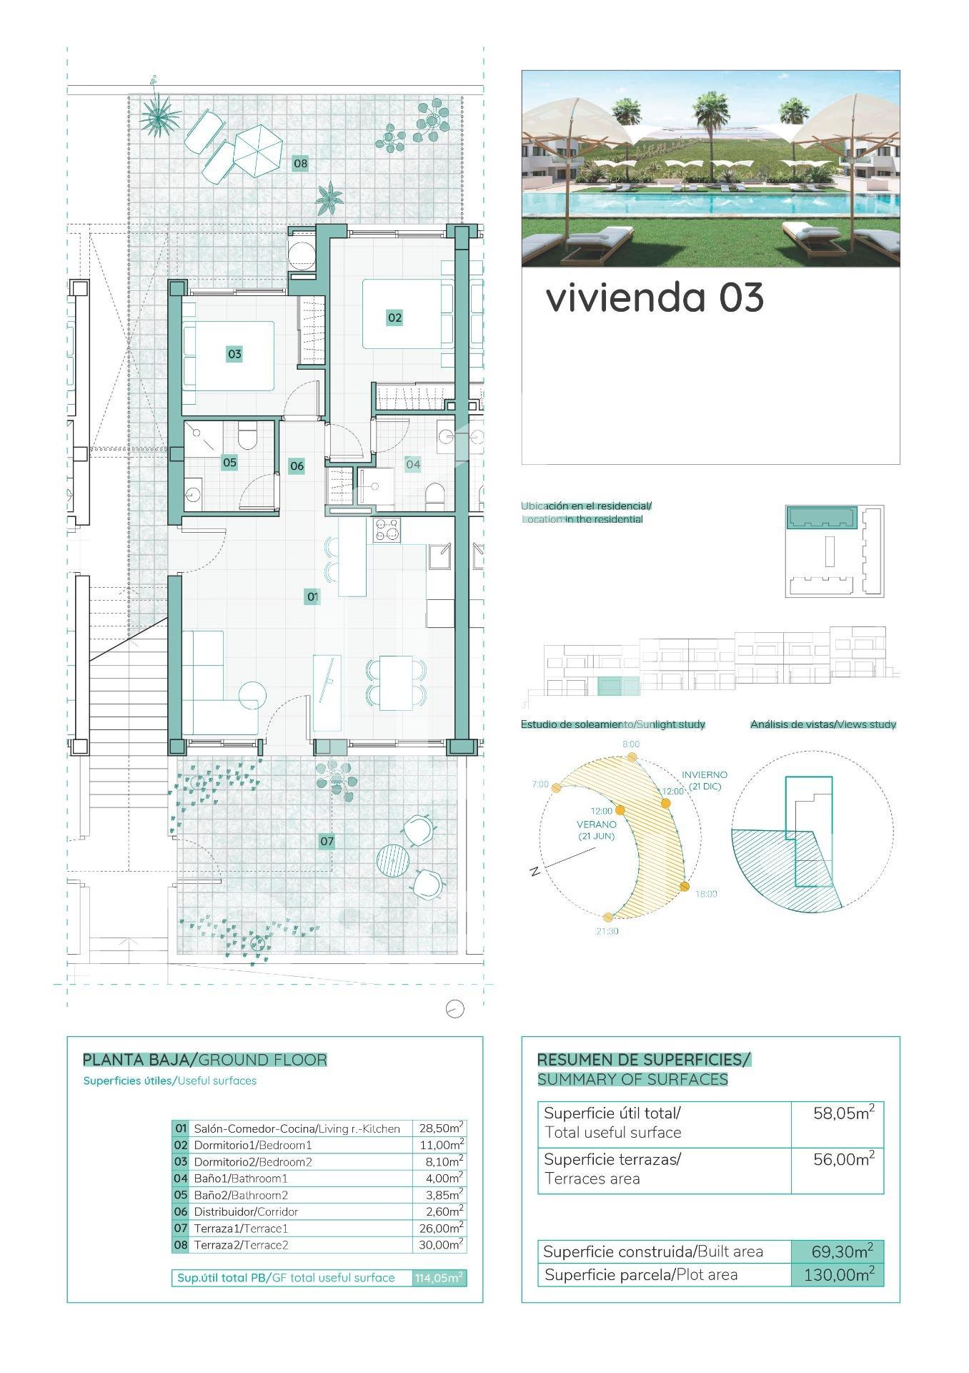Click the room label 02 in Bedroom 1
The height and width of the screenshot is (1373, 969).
[394, 318]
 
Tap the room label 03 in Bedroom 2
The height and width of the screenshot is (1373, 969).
[234, 353]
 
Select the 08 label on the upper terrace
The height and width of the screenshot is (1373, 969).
[300, 164]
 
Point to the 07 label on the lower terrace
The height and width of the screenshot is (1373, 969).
[327, 841]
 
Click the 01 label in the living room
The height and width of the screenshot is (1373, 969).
[312, 596]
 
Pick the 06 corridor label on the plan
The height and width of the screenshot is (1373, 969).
[297, 466]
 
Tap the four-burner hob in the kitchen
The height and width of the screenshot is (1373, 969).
[387, 531]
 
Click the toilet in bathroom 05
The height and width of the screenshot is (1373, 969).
[247, 437]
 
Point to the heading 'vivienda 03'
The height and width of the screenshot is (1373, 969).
[655, 297]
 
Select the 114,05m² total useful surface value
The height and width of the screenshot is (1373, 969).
[439, 1277]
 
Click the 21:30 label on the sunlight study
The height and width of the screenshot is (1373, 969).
[607, 932]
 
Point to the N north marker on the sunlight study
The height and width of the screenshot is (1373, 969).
[535, 872]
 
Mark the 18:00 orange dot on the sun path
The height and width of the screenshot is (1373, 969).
[685, 887]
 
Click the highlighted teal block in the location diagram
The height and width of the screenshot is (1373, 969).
[822, 517]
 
